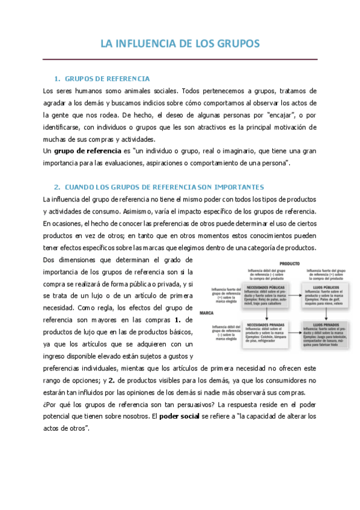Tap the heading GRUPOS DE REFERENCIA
click(107, 79)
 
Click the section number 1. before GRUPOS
click(57, 79)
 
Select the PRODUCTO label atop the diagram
click(273, 264)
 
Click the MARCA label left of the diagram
click(207, 313)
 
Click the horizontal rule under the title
click(180, 59)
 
